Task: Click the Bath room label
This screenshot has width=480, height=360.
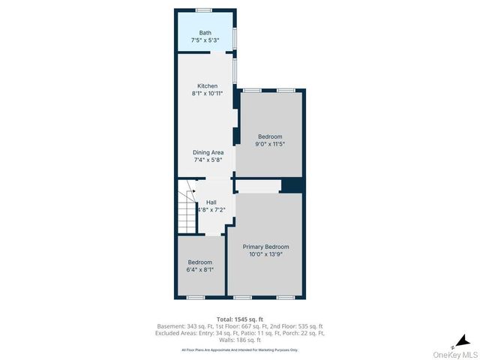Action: [x=205, y=33]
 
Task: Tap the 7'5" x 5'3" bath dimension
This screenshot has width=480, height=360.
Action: [x=205, y=40]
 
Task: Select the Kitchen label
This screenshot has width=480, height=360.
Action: [x=207, y=85]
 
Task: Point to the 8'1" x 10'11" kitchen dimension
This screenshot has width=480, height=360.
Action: [x=207, y=94]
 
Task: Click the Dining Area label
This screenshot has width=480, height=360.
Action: [x=208, y=152]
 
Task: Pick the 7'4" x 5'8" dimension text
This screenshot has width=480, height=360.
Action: [x=208, y=160]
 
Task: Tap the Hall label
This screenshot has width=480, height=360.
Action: [x=211, y=202]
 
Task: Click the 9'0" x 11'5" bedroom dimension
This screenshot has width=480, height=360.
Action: [x=271, y=144]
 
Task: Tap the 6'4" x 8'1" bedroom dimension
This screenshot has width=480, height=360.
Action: [x=200, y=269]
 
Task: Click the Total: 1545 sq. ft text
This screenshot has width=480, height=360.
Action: [x=239, y=318]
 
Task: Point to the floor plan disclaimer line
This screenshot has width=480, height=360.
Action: [x=239, y=349]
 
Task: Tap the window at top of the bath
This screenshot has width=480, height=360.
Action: [x=203, y=10]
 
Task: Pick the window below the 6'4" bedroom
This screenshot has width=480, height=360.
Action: [x=196, y=298]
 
